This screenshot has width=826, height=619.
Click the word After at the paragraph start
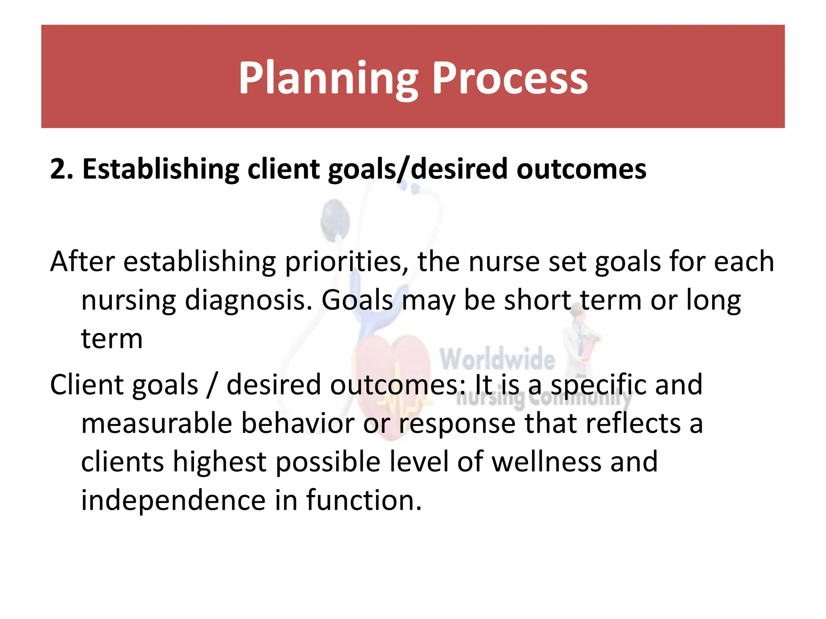(x=83, y=262)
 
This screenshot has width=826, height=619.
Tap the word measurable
(x=156, y=423)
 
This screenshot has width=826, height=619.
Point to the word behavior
(x=298, y=423)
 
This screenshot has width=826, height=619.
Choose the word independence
(x=173, y=500)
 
